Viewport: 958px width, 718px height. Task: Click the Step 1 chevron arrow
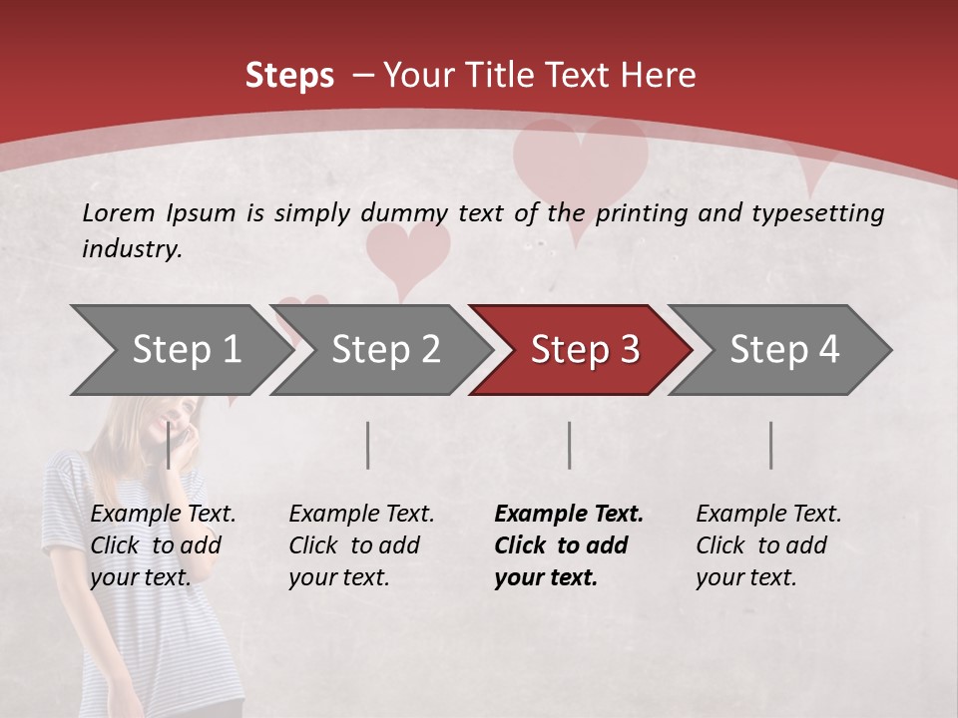180,350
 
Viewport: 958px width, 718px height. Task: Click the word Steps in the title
289,76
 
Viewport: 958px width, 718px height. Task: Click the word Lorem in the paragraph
119,212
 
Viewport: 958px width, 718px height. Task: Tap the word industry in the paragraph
131,248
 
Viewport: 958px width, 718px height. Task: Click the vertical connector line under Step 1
169,445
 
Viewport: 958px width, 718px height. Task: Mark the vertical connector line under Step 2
368,445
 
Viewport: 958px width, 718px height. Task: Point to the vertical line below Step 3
569,445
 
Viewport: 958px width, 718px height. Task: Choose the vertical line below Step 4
770,445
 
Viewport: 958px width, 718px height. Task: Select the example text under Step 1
162,545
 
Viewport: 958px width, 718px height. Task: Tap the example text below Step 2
360,545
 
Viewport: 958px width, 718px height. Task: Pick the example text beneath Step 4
767,545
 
